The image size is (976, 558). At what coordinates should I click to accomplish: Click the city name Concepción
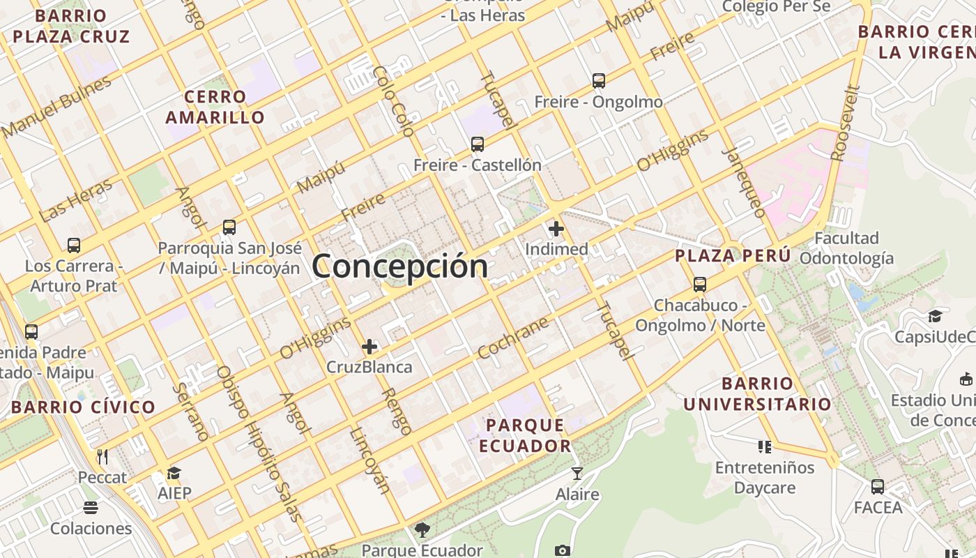pyautogui.click(x=399, y=266)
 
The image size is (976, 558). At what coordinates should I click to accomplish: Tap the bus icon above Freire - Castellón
pyautogui.click(x=478, y=144)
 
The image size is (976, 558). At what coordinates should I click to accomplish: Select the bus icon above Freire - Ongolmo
pyautogui.click(x=599, y=81)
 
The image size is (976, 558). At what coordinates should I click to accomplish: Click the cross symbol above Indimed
pyautogui.click(x=556, y=228)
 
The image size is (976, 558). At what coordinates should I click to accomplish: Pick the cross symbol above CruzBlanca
pyautogui.click(x=369, y=346)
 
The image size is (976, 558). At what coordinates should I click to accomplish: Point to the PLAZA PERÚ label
pyautogui.click(x=733, y=256)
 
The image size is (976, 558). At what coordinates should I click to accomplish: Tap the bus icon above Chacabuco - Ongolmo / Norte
pyautogui.click(x=700, y=285)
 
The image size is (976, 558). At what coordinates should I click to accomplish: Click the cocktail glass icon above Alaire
pyautogui.click(x=577, y=474)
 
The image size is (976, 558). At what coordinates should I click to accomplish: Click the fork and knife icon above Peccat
pyautogui.click(x=102, y=457)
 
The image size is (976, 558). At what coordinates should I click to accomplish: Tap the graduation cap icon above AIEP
pyautogui.click(x=174, y=474)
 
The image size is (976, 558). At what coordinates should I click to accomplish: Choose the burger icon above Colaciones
pyautogui.click(x=91, y=507)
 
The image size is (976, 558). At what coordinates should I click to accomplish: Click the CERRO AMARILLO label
pyautogui.click(x=215, y=107)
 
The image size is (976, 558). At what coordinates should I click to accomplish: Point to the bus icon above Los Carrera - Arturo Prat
pyautogui.click(x=74, y=246)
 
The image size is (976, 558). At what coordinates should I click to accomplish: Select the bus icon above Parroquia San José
pyautogui.click(x=229, y=227)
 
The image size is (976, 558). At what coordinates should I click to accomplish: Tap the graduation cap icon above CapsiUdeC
pyautogui.click(x=935, y=317)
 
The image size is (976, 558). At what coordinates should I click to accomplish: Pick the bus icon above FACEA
pyautogui.click(x=878, y=486)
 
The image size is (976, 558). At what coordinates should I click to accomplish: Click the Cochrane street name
pyautogui.click(x=513, y=338)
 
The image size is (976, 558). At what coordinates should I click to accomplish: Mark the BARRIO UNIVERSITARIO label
pyautogui.click(x=758, y=393)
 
